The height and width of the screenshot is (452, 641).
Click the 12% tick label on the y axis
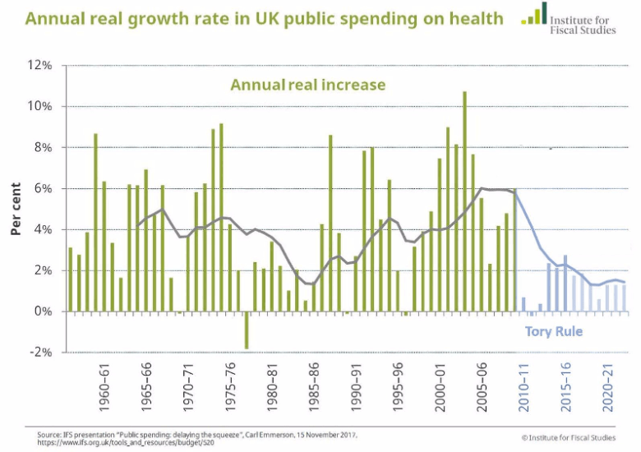pos(41,66)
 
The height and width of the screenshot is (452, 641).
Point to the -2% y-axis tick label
pos(41,353)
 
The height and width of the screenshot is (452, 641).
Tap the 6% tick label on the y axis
pos(44,188)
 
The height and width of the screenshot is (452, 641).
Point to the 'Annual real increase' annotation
pos(307,85)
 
